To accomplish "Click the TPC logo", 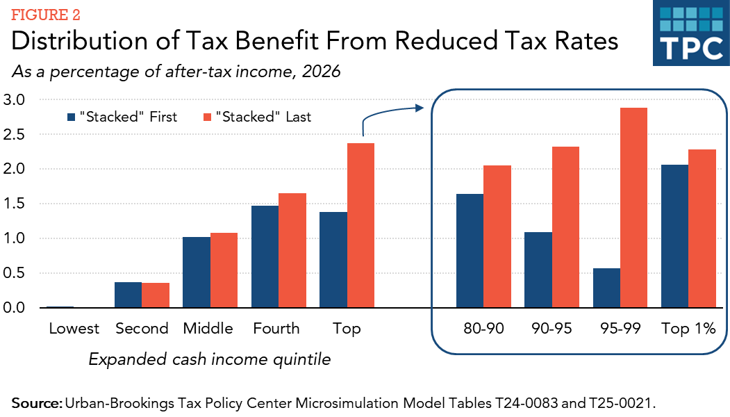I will point(690,35).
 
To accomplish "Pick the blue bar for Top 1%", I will point(674,236).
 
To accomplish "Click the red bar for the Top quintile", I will point(360,225).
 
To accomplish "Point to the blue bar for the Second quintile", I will point(128,295).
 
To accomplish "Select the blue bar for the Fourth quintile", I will point(265,256).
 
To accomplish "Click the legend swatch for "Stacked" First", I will point(71,117).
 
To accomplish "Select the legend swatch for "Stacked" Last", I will point(206,117).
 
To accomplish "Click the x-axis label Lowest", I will point(74,329).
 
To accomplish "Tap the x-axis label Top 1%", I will point(688,329).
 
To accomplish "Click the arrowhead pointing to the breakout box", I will point(420,108).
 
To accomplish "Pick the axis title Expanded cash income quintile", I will point(209,359).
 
